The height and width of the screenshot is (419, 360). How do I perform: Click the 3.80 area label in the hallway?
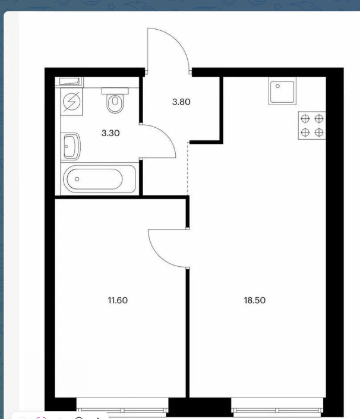tap(181, 102)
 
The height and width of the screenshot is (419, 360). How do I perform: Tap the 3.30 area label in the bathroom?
tap(110, 133)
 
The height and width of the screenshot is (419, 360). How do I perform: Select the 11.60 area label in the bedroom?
tap(118, 300)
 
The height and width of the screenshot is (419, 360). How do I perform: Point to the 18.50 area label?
tap(254, 300)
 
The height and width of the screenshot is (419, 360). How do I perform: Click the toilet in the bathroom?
tap(115, 100)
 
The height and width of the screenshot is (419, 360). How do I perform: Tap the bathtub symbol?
tap(98, 178)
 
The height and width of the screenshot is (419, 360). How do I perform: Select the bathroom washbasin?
tap(71, 146)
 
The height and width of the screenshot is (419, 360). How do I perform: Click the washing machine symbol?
tap(71, 102)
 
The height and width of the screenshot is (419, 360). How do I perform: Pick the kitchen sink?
tap(282, 92)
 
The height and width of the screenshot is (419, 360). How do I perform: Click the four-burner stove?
tap(312, 125)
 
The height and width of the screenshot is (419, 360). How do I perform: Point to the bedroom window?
tap(122, 407)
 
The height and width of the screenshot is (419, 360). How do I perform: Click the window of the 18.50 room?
tap(277, 407)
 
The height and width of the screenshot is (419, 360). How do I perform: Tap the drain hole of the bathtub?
tap(77, 179)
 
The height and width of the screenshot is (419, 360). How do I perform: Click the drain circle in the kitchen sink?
tap(278, 86)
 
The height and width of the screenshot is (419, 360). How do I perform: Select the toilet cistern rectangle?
tap(115, 91)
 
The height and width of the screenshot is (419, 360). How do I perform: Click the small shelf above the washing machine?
tap(70, 81)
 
